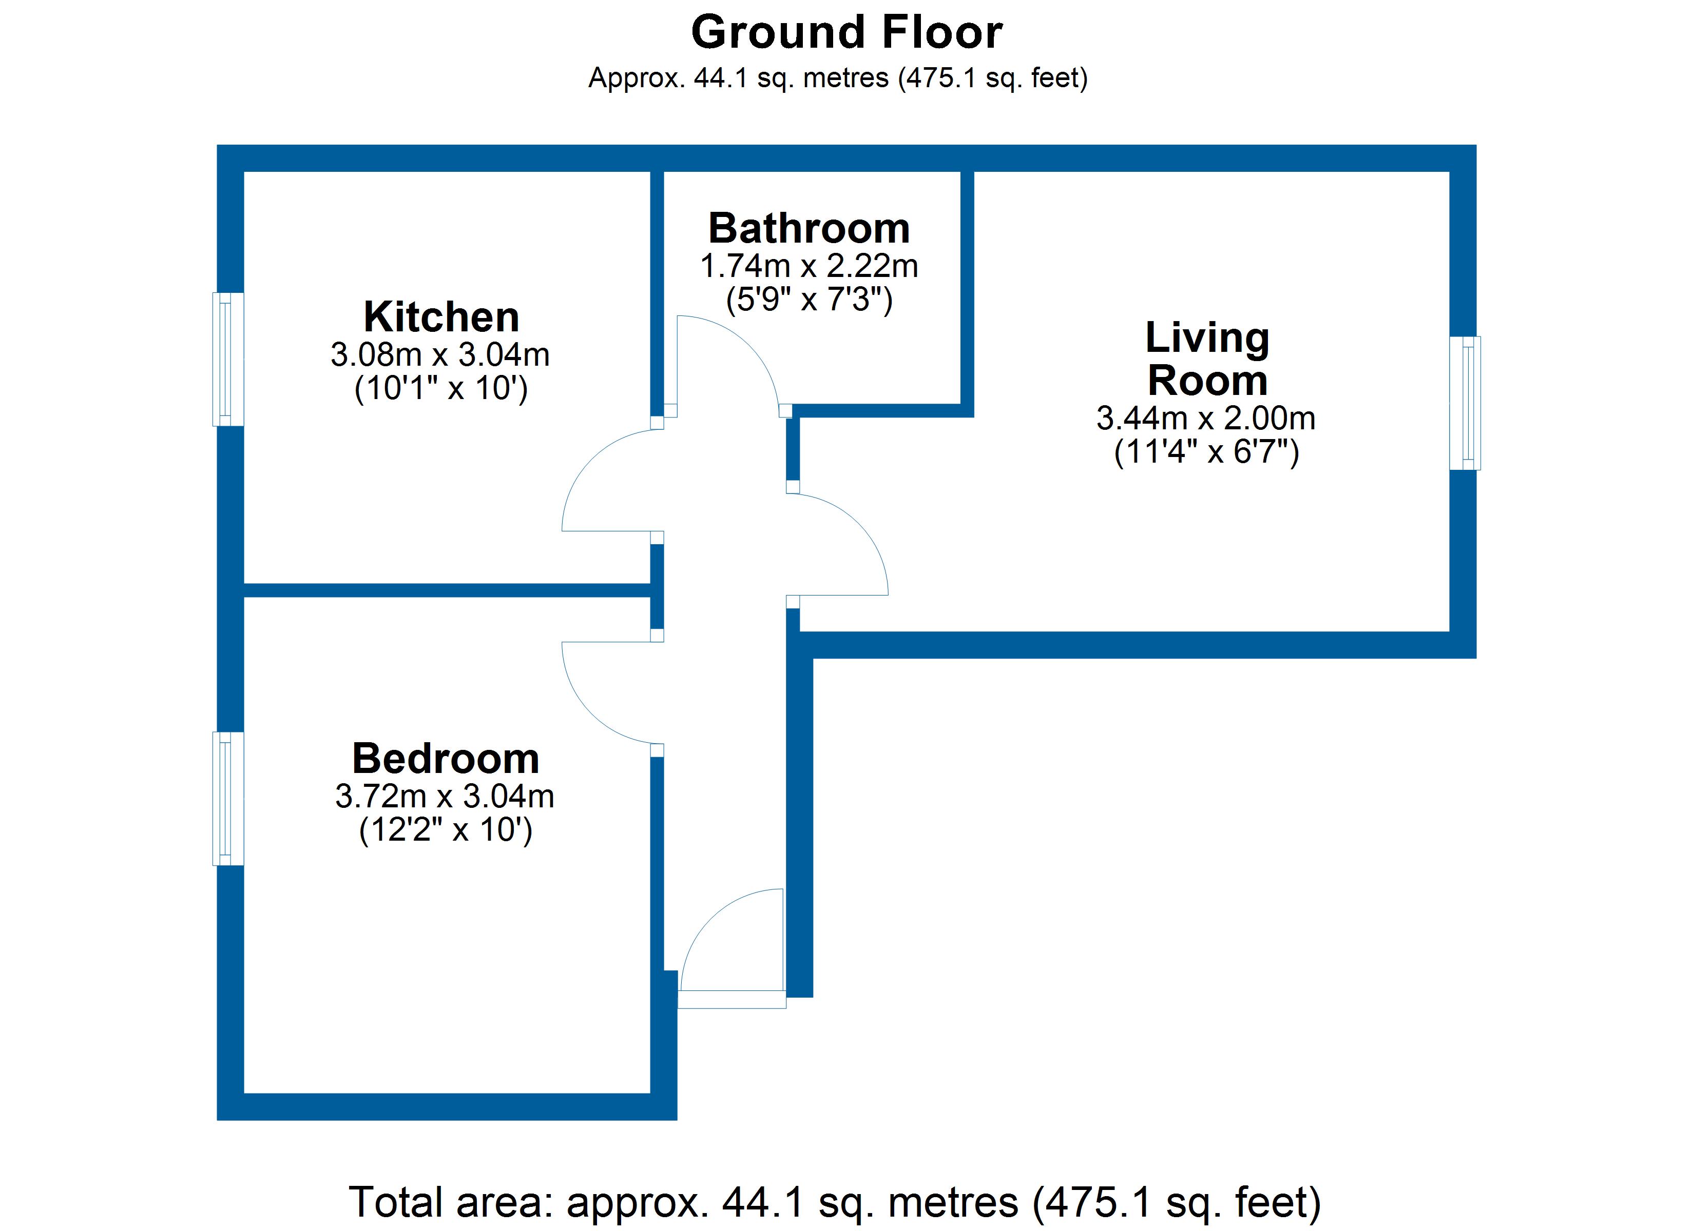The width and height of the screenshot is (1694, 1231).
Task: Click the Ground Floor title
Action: (846, 33)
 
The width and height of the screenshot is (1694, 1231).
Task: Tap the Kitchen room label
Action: (441, 317)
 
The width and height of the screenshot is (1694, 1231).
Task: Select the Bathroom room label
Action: (809, 228)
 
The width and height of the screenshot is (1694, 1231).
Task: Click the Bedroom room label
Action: (445, 759)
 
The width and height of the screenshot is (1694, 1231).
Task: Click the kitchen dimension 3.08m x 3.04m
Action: (440, 354)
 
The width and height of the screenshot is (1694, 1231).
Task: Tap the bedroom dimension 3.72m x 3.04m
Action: (445, 797)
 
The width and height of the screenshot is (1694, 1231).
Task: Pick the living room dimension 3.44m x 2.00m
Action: (1205, 418)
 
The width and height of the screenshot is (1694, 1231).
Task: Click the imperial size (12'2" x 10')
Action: (445, 830)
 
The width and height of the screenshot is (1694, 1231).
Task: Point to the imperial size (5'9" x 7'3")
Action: (809, 300)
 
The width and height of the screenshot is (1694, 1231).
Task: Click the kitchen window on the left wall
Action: (228, 359)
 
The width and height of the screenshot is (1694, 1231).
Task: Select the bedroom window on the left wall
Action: (228, 799)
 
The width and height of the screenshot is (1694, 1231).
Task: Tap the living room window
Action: (1465, 403)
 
